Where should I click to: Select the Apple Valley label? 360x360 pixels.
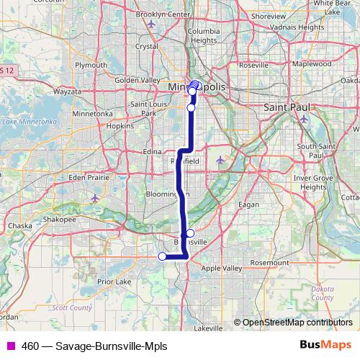pyautogui.click(x=222, y=268)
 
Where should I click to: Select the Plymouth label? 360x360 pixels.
pyautogui.click(x=91, y=65)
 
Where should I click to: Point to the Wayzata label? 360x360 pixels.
pyautogui.click(x=67, y=92)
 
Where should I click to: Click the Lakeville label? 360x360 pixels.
pyautogui.click(x=208, y=328)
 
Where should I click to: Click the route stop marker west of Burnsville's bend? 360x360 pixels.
pyautogui.click(x=162, y=256)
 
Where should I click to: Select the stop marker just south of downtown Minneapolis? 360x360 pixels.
pyautogui.click(x=191, y=108)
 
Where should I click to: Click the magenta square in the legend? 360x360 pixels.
pyautogui.click(x=10, y=345)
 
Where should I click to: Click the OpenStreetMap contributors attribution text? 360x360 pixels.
pyautogui.click(x=296, y=323)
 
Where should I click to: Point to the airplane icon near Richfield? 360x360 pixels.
pyautogui.click(x=220, y=159)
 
